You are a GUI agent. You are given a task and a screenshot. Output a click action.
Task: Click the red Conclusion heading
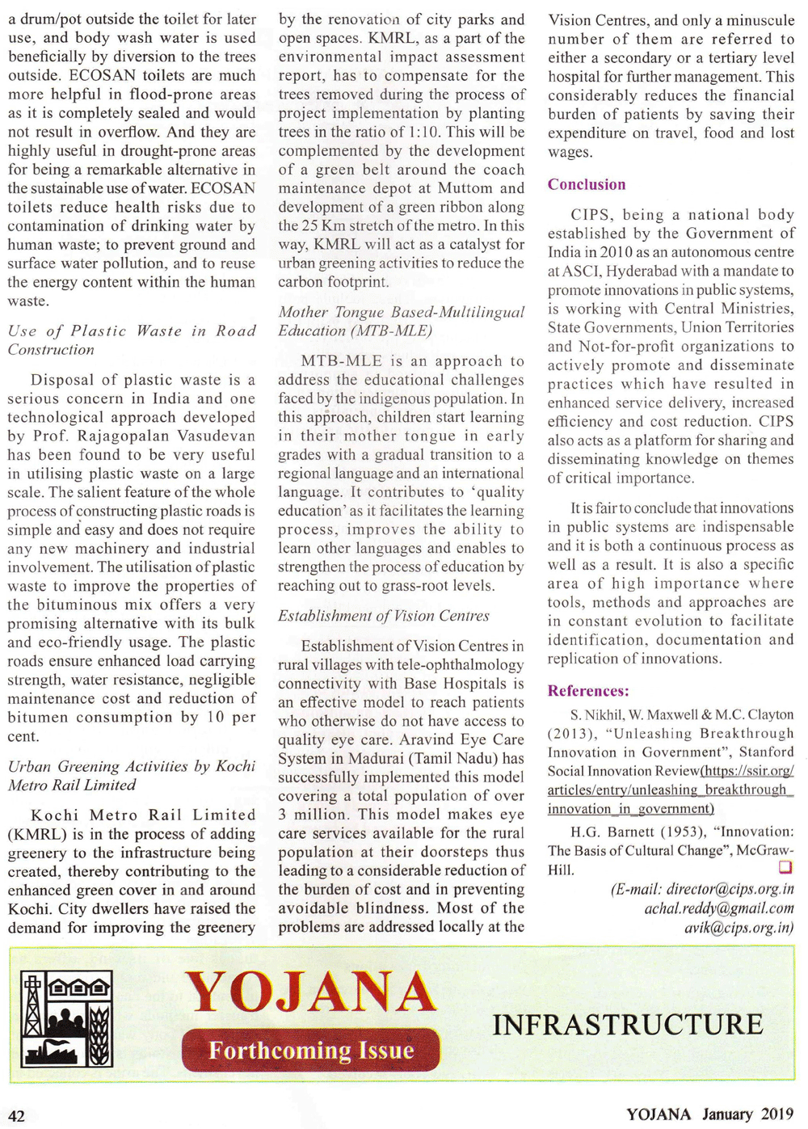click(587, 184)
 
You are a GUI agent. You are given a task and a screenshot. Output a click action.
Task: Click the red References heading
click(588, 691)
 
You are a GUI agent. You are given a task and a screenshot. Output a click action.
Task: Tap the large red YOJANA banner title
click(311, 992)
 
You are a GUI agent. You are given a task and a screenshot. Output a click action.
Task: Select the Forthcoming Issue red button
click(311, 1050)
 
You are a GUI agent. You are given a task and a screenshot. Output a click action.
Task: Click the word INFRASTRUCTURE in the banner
click(628, 1025)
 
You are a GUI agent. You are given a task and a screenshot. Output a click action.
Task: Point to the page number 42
click(17, 1115)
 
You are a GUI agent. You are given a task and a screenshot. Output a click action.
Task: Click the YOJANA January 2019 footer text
click(709, 1114)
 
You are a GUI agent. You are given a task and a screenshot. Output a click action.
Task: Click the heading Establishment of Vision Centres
click(384, 616)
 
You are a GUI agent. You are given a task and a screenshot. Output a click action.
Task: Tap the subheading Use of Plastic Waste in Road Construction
click(132, 340)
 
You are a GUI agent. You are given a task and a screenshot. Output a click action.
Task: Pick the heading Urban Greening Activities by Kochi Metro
click(132, 775)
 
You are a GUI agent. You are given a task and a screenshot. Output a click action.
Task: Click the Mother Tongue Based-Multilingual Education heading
click(402, 321)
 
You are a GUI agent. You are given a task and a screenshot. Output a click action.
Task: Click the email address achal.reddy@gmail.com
click(719, 908)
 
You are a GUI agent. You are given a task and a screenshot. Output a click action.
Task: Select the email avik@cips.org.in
click(739, 927)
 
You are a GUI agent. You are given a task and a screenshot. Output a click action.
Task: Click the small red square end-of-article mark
click(785, 867)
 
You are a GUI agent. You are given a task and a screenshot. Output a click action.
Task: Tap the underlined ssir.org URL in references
click(670, 790)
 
